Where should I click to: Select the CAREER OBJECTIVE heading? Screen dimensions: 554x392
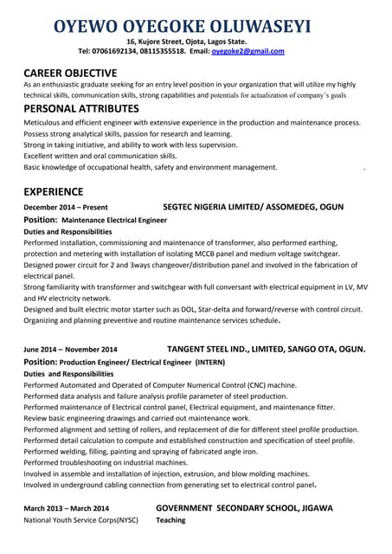(x=70, y=73)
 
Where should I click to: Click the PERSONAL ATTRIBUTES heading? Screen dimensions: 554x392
(x=81, y=109)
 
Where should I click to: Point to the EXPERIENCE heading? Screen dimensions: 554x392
(x=54, y=191)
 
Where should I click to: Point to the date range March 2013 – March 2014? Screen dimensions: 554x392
(x=67, y=508)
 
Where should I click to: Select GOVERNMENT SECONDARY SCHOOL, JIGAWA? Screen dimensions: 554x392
(x=244, y=508)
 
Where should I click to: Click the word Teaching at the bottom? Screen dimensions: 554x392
(x=170, y=521)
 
